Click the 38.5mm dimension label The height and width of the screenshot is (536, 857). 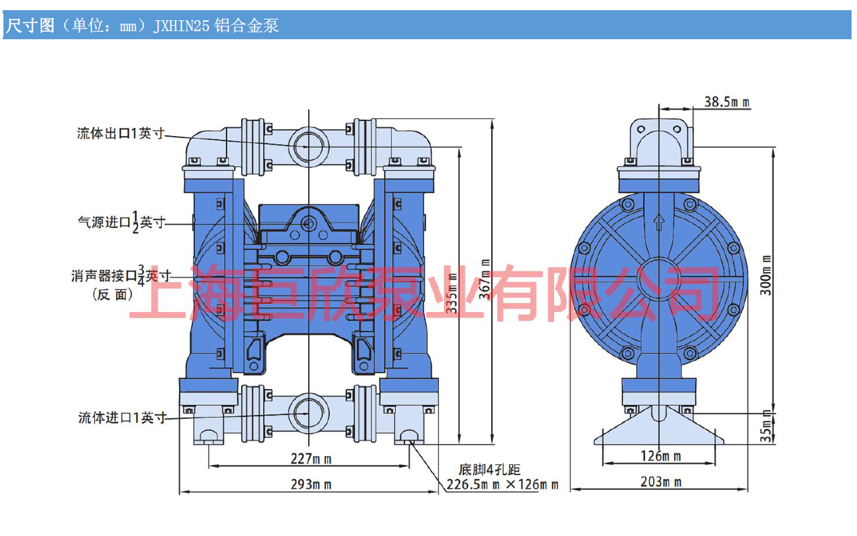point(726,102)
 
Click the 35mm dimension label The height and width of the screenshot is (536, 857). point(766,426)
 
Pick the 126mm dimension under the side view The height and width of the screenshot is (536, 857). point(661,455)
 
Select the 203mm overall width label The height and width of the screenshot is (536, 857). point(661,482)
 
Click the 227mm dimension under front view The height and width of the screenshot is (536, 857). point(310,459)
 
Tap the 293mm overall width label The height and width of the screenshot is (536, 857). point(310,484)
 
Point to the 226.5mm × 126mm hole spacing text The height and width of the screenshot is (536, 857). point(502,485)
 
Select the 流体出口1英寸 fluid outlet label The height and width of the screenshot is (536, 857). point(121,134)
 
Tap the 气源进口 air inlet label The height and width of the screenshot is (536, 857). point(121,223)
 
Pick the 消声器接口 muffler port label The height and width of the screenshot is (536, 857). point(121,275)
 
